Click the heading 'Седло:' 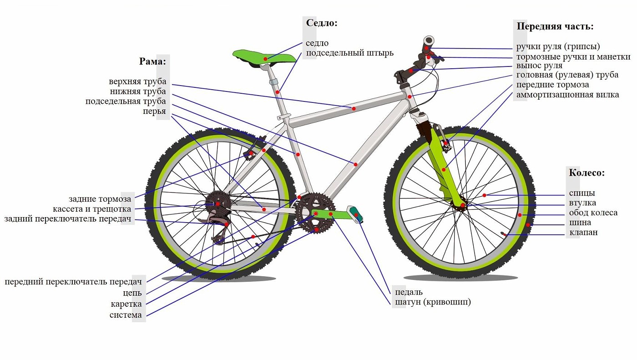point(322,23)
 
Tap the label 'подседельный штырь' point(349,53)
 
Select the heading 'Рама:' point(152,61)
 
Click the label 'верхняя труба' point(137,81)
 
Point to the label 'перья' point(154,112)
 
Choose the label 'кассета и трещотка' point(92,209)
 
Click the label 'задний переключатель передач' point(68,219)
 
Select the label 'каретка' point(126,304)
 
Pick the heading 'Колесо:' point(587,173)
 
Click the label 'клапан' point(583,233)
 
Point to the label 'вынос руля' point(539,66)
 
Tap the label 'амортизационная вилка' point(567,95)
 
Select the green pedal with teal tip point(355,214)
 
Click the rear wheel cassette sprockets point(218,204)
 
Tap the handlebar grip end point(428,41)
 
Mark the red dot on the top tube point(354,109)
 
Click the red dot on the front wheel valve point(505,234)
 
